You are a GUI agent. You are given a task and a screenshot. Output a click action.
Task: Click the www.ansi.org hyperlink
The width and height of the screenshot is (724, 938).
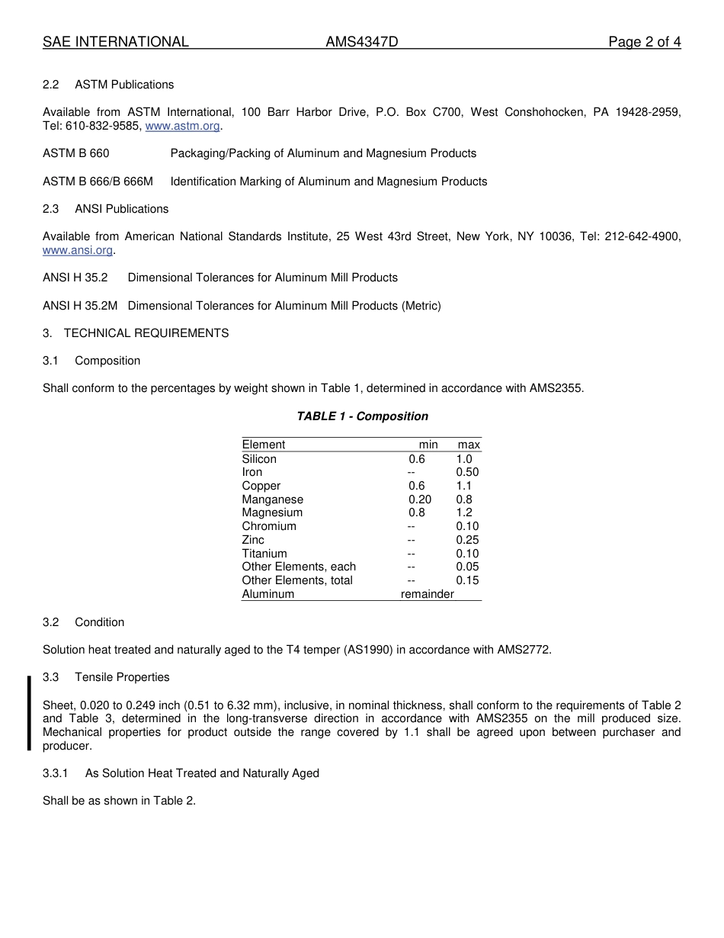[78, 250]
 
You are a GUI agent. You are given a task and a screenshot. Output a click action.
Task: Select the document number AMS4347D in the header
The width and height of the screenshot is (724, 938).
[361, 42]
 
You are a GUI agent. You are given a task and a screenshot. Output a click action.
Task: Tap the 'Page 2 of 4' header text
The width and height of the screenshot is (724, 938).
[644, 42]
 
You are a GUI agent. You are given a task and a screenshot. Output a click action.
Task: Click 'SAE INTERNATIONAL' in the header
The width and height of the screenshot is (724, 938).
[116, 42]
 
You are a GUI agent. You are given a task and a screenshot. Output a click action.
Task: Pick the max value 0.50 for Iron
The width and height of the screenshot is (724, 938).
[467, 472]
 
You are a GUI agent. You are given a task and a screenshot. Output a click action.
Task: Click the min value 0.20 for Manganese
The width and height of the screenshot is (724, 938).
[419, 500]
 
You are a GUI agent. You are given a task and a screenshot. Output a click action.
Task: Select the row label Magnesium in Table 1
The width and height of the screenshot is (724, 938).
[272, 512]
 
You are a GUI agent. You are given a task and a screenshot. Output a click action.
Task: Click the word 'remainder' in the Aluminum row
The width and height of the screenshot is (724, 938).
[427, 594]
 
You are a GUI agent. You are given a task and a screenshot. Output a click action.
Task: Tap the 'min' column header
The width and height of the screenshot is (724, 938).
[428, 445]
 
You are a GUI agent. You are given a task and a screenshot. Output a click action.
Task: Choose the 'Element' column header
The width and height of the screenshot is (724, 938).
[264, 445]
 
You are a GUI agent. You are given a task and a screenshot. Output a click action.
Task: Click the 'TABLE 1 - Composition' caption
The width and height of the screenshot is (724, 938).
[362, 416]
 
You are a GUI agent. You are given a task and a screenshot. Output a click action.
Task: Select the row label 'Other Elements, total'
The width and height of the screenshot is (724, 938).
[297, 580]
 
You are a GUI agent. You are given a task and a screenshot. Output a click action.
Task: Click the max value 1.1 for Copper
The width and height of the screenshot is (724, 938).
[464, 486]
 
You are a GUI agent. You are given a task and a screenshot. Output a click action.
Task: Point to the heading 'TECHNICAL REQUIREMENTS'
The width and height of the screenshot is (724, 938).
[146, 333]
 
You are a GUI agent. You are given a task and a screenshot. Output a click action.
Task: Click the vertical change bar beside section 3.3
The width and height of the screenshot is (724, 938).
[29, 712]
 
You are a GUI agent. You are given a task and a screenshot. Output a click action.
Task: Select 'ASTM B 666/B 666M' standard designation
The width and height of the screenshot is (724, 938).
[98, 181]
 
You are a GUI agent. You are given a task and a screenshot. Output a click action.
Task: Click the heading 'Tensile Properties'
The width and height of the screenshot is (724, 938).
[122, 677]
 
